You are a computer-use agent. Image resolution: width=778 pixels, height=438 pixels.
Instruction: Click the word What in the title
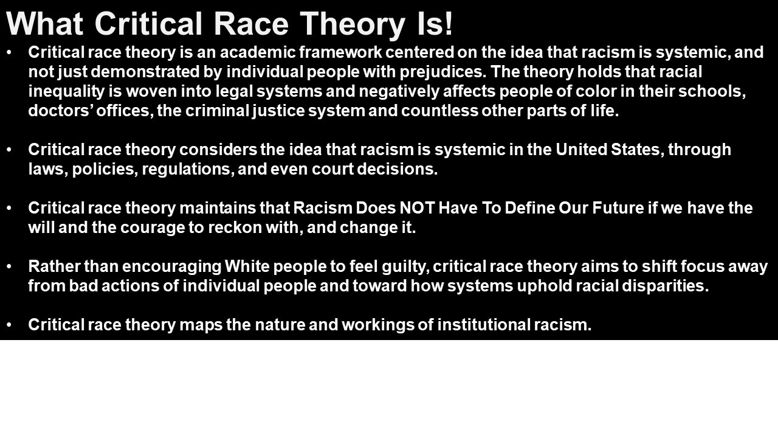pyautogui.click(x=44, y=24)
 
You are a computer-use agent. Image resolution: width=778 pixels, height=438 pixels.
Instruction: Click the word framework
pyautogui.click(x=340, y=52)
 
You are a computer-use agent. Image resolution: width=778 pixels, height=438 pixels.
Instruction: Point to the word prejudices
pyautogui.click(x=442, y=72)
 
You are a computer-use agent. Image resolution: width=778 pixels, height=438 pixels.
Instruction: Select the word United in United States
pyautogui.click(x=582, y=150)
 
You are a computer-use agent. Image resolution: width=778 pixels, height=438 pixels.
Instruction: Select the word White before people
pyautogui.click(x=247, y=266)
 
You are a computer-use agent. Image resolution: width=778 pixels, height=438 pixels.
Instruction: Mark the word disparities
pyautogui.click(x=665, y=287)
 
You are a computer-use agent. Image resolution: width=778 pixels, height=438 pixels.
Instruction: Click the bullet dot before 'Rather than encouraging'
pyautogui.click(x=9, y=266)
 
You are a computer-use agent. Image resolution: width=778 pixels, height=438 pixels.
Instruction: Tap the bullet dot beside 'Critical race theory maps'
pyautogui.click(x=9, y=325)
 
